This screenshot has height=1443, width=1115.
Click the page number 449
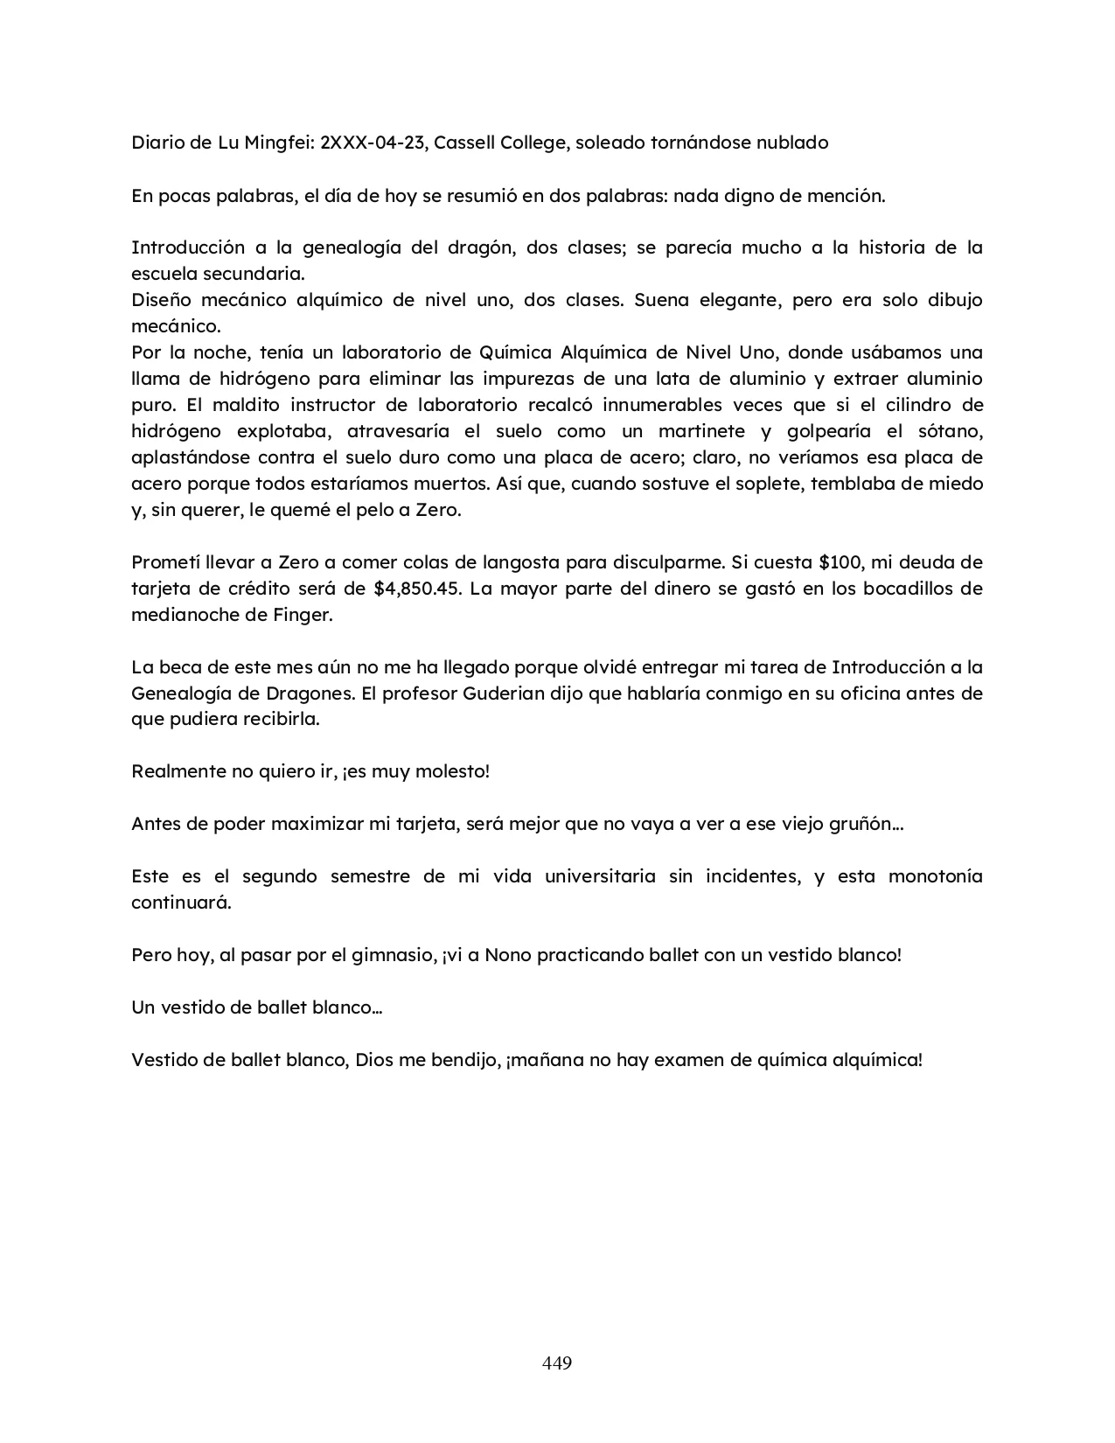(x=557, y=1363)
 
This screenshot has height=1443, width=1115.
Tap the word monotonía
(x=936, y=876)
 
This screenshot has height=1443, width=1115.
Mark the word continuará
(x=181, y=903)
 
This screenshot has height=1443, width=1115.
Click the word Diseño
(x=162, y=300)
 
